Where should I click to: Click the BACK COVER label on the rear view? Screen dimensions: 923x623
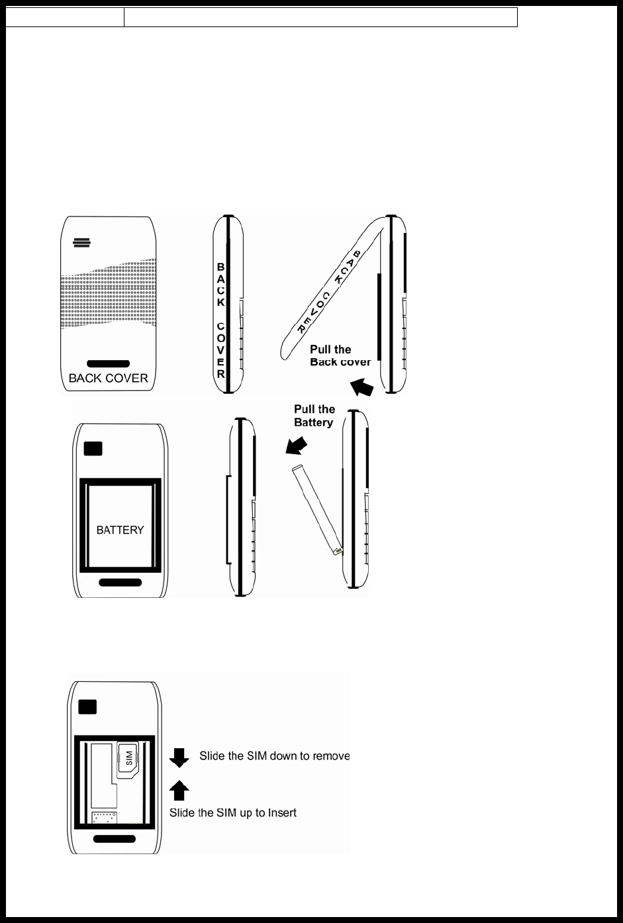[x=108, y=378]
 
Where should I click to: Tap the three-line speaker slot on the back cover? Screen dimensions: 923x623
[x=81, y=242]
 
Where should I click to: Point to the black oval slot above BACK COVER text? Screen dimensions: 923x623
[x=108, y=364]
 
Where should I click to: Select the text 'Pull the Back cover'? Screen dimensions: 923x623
[x=340, y=356]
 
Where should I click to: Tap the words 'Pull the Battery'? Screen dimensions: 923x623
[x=314, y=415]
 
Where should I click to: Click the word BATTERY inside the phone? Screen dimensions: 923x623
[x=120, y=530]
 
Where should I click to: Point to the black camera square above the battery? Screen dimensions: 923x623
[x=93, y=448]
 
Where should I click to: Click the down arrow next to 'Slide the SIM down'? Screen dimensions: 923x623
[x=179, y=757]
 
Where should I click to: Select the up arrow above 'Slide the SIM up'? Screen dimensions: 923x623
[x=179, y=790]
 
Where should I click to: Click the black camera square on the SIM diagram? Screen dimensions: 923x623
[x=87, y=707]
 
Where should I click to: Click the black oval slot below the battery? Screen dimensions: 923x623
[x=120, y=582]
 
